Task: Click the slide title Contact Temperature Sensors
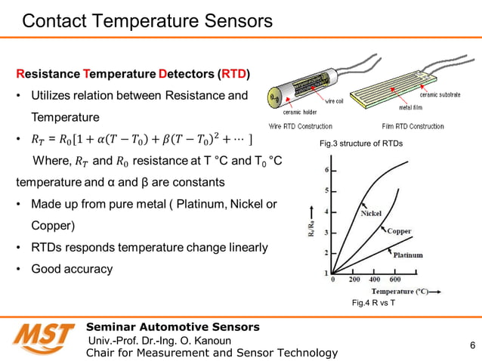point(147,21)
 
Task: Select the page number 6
point(472,347)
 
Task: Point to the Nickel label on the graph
point(371,213)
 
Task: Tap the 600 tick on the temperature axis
point(394,279)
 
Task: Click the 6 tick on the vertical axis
point(326,169)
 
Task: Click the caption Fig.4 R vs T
point(374,303)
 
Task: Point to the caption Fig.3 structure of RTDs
point(357,143)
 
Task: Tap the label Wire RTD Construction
point(301,126)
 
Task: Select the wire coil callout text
point(336,100)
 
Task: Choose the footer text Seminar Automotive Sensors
point(173,327)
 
